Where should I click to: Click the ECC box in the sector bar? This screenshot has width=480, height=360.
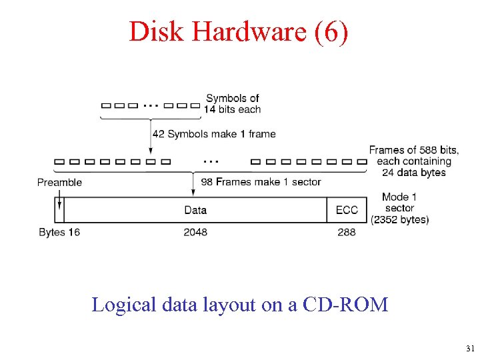(x=347, y=210)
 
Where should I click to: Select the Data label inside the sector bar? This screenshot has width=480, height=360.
(x=195, y=210)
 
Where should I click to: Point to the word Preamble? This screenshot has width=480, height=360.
(x=59, y=182)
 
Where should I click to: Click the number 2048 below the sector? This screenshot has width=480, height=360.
(x=195, y=232)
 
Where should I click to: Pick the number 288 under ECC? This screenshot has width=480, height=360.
(x=347, y=232)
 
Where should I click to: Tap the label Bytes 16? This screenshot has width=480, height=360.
(x=59, y=232)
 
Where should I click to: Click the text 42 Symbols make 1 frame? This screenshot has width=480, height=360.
(x=214, y=133)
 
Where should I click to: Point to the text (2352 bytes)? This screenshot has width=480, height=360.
(x=400, y=220)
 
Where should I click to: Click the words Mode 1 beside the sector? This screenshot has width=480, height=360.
(x=399, y=197)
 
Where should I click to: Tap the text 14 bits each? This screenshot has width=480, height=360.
(x=233, y=109)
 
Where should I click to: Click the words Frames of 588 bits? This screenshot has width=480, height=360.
(x=414, y=149)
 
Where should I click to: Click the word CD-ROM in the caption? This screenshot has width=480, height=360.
(x=345, y=305)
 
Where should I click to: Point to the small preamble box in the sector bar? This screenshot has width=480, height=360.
(x=59, y=210)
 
